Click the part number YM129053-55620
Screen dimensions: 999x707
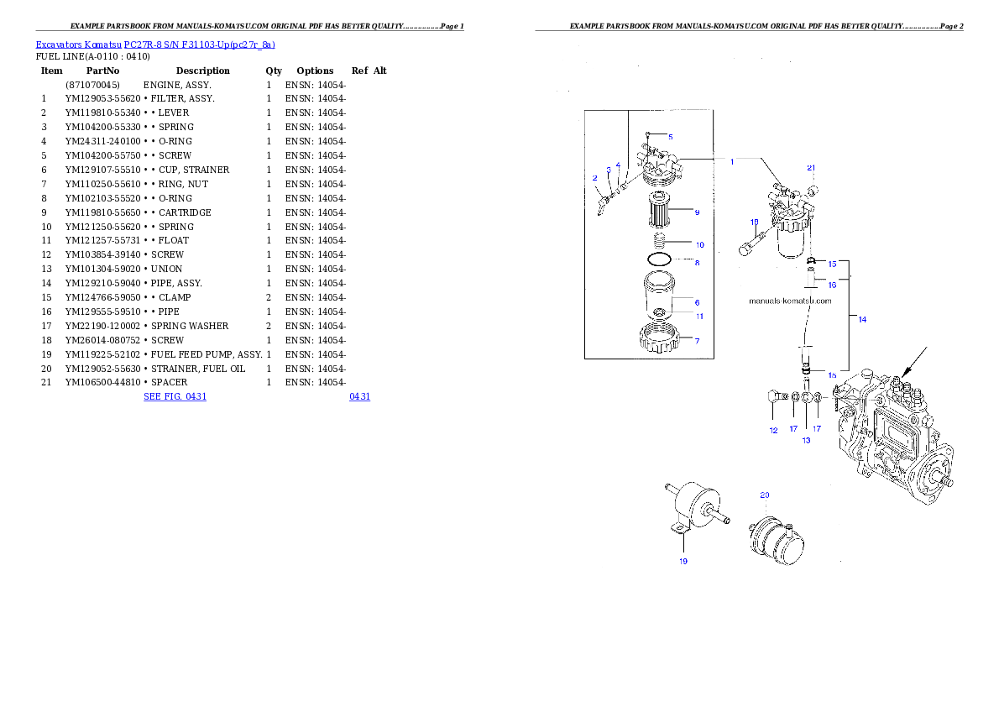(x=102, y=99)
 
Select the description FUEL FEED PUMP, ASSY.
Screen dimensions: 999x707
(x=207, y=354)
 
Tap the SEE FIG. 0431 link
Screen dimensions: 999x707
(x=175, y=396)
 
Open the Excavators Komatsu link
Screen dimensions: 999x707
(x=78, y=45)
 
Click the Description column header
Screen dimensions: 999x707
(x=202, y=71)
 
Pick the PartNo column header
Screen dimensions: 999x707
(x=102, y=71)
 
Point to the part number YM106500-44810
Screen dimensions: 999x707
(x=102, y=383)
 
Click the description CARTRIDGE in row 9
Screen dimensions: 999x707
(x=185, y=213)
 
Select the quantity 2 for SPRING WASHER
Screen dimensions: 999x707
(x=269, y=326)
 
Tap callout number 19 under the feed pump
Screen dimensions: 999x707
(x=683, y=562)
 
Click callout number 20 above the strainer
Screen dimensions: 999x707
(x=765, y=495)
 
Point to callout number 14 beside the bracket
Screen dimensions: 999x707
(x=862, y=319)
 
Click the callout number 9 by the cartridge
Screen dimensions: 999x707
(x=697, y=212)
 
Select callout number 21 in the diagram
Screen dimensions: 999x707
(x=811, y=168)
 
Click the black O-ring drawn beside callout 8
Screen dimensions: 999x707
(x=659, y=259)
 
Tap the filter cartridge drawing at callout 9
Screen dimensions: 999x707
(x=659, y=211)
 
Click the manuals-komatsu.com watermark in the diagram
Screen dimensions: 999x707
(x=790, y=301)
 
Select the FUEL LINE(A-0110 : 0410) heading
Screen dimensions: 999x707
(x=93, y=57)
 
